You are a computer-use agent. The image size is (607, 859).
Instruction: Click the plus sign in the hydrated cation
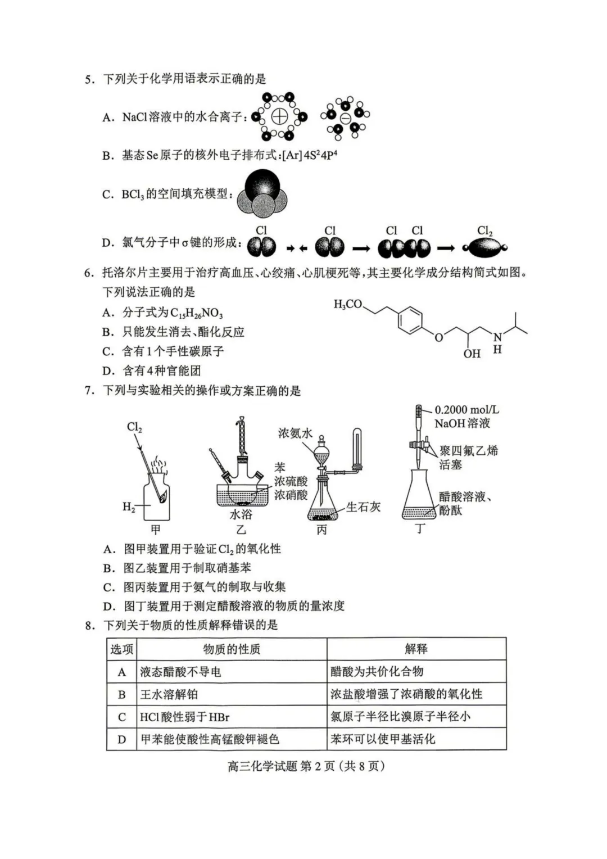279,117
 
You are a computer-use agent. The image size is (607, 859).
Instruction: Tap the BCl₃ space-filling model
262,195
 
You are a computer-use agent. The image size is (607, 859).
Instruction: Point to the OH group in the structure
472,354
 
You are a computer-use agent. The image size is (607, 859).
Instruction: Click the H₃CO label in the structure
348,304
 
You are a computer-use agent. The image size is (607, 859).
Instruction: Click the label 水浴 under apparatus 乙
241,514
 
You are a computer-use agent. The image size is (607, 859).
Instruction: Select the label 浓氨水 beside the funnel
295,433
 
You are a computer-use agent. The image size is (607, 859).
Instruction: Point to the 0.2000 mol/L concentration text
466,410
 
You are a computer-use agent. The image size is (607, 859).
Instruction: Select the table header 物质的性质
232,649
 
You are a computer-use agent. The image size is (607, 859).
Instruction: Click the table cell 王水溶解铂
169,694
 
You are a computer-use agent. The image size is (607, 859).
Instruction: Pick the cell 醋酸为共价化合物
377,672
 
